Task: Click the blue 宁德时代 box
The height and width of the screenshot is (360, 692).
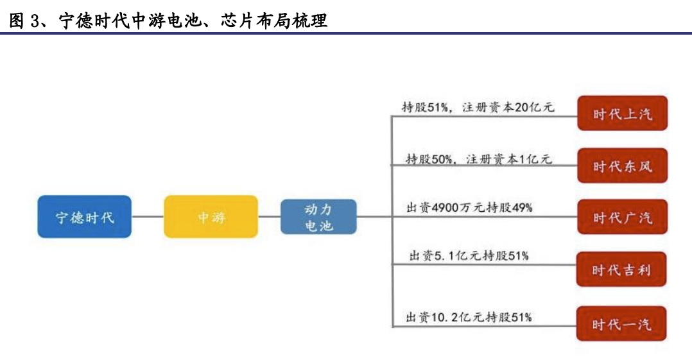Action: (84, 217)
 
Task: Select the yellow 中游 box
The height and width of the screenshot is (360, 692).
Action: (211, 217)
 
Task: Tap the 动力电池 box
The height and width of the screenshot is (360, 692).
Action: (318, 217)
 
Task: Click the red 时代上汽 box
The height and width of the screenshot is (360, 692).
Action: (622, 114)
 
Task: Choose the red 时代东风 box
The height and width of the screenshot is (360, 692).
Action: (622, 166)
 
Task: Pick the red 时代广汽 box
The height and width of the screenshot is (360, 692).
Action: (622, 217)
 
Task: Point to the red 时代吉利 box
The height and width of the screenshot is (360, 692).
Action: (621, 269)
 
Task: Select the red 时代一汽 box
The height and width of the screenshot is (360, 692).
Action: (621, 324)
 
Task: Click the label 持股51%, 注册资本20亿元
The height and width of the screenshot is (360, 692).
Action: (478, 107)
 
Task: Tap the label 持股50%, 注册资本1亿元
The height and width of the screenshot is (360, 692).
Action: (479, 159)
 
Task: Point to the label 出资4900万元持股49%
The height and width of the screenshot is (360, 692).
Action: (470, 207)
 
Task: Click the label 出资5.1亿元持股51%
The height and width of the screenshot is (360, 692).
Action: (469, 255)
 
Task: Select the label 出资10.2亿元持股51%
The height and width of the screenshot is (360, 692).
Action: (469, 317)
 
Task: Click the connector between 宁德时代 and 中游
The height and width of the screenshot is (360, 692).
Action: (148, 217)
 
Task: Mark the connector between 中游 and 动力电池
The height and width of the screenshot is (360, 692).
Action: (269, 217)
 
